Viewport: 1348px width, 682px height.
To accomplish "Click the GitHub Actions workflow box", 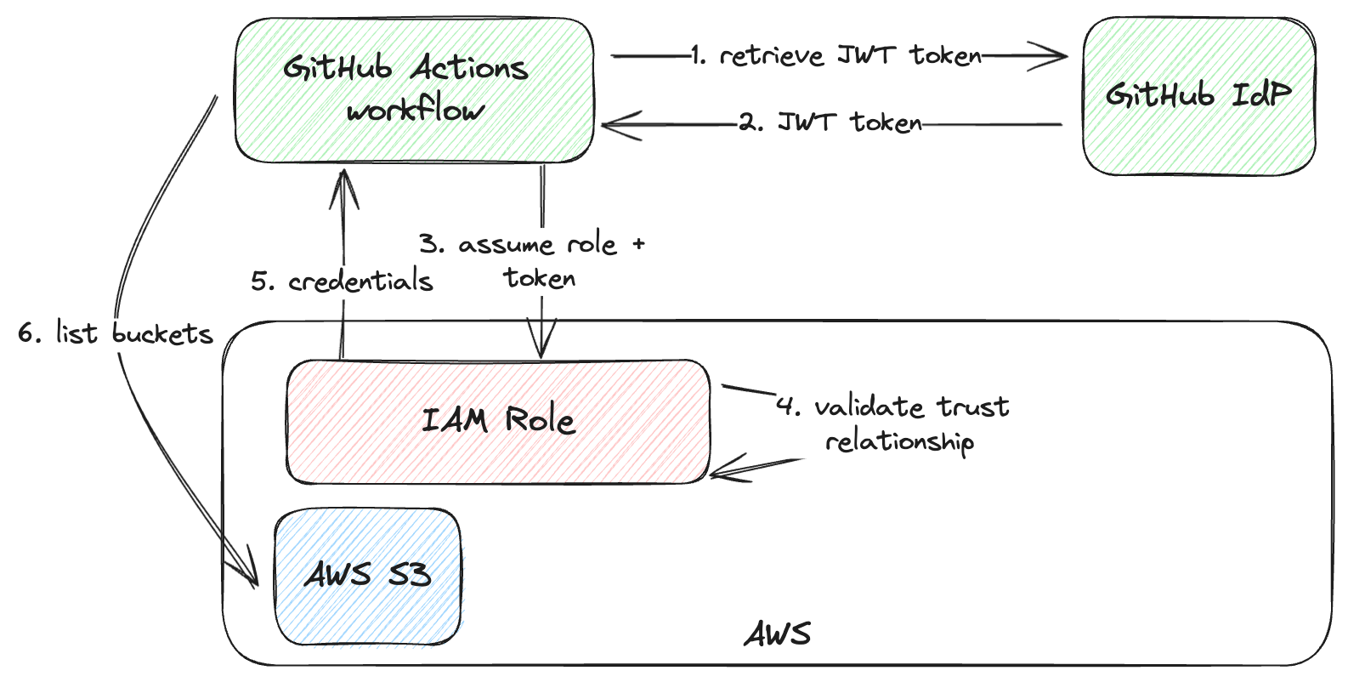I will point(414,89).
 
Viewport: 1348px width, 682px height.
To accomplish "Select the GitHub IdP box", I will point(1198,95).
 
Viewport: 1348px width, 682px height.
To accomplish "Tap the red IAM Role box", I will point(498,421).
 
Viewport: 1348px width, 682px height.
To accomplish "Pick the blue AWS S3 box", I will point(367,576).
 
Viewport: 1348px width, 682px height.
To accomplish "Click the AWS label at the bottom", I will point(778,634).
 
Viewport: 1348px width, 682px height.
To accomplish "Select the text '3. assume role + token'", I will point(533,261).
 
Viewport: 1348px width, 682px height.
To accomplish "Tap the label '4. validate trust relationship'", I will point(892,423).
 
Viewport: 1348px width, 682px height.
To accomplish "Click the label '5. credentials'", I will point(342,281).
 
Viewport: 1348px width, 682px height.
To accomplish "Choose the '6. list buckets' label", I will point(116,333).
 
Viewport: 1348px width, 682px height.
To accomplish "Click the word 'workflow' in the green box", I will point(416,111).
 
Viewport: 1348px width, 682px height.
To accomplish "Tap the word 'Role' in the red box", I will point(540,420).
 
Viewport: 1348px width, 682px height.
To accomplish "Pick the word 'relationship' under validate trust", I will point(899,442).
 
